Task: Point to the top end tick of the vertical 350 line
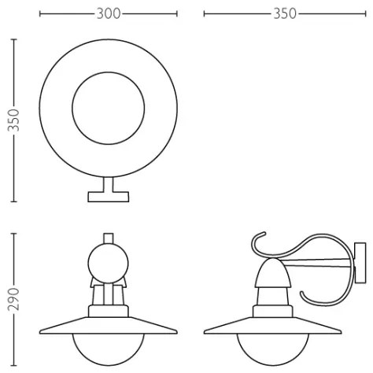pyautogui.click(x=13, y=38)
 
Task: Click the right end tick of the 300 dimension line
pyautogui.click(x=177, y=13)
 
